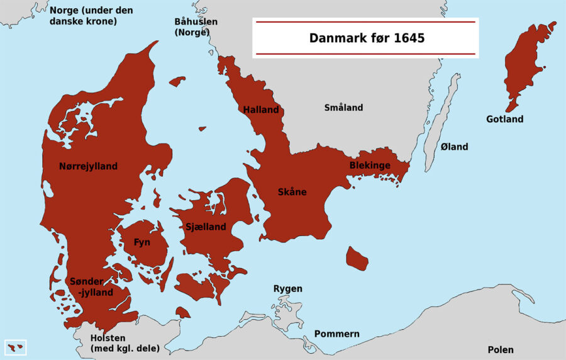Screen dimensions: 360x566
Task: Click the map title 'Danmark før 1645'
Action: click(x=366, y=38)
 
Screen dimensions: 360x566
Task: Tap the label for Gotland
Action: click(x=504, y=119)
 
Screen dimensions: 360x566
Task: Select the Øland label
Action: click(x=454, y=147)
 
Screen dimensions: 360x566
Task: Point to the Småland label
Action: click(x=343, y=108)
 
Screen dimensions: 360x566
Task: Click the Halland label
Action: click(x=261, y=110)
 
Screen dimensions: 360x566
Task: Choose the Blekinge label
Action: click(x=370, y=165)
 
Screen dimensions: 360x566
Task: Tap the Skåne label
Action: click(x=292, y=191)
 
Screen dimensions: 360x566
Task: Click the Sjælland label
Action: click(x=206, y=227)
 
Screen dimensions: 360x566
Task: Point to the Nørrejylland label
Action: click(x=88, y=166)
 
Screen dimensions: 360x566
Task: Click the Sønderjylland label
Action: click(x=92, y=287)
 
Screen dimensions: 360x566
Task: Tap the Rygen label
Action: click(x=287, y=289)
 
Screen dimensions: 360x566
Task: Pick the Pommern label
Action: click(x=336, y=334)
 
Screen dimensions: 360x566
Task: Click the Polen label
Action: click(x=501, y=349)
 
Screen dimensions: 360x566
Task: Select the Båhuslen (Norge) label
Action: click(x=196, y=27)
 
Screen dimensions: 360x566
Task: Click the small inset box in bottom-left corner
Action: click(x=16, y=347)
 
